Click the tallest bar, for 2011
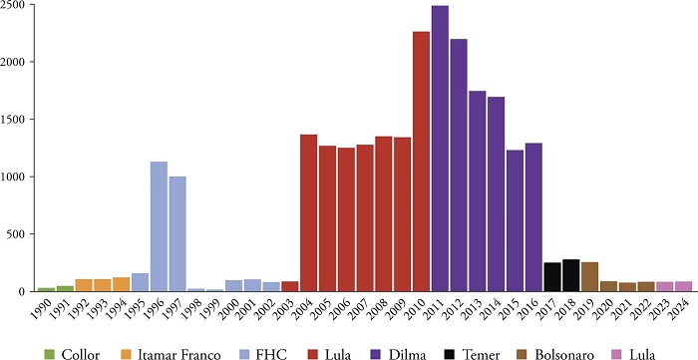[x=440, y=150]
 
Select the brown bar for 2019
[x=589, y=276]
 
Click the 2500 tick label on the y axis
[x=13, y=6]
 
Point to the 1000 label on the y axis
[x=13, y=178]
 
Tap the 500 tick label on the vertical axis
[x=16, y=234]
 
